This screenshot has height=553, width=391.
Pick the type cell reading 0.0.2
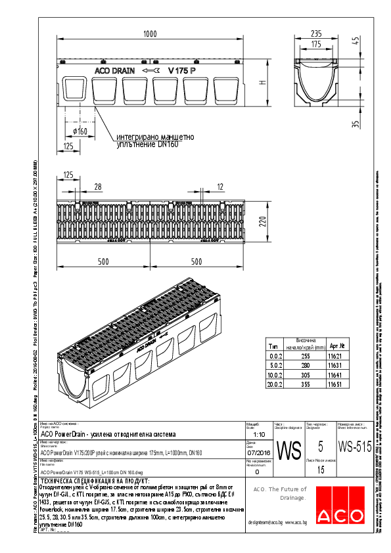coord(275,355)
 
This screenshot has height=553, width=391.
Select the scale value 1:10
coord(260,435)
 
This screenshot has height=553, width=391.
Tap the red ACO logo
coord(338,507)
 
